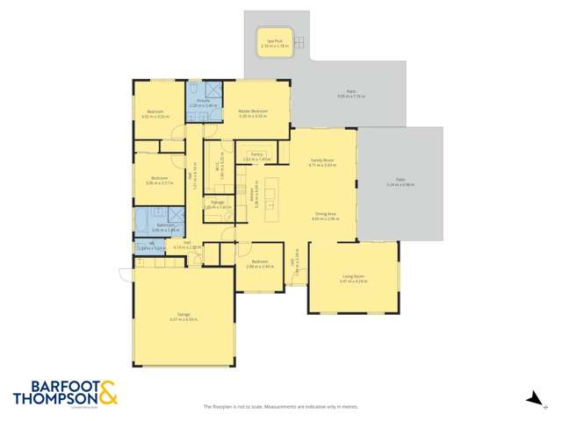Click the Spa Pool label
[x=274, y=40]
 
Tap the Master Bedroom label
[x=253, y=111]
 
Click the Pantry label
[x=257, y=154]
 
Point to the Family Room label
[x=323, y=161]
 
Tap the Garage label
[x=184, y=314]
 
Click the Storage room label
[x=218, y=203]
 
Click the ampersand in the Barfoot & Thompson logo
[x=108, y=392]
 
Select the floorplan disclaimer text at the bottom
[x=281, y=406]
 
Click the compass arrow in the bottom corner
[x=532, y=400]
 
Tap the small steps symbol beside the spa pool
[x=299, y=41]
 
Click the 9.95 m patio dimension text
[x=351, y=96]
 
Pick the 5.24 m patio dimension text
[x=400, y=185]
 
